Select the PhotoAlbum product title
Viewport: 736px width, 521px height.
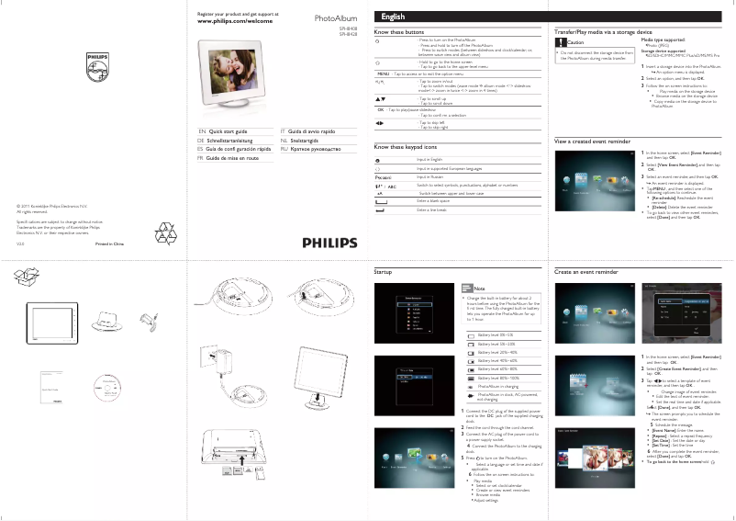(336, 17)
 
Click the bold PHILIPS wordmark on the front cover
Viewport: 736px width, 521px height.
(325, 243)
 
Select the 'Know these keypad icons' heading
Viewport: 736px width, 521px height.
(406, 147)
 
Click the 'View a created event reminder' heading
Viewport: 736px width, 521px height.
(593, 141)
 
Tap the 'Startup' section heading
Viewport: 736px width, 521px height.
(384, 273)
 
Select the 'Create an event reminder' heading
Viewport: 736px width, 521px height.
(586, 273)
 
